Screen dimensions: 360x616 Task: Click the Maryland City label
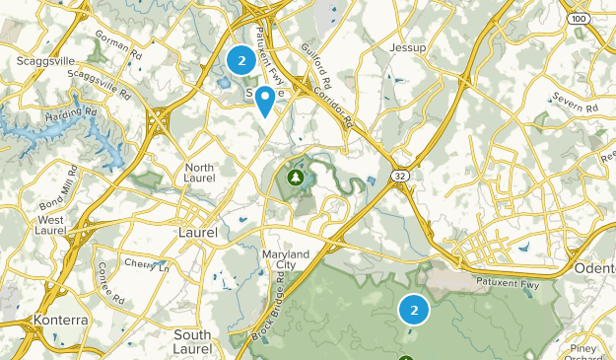286,260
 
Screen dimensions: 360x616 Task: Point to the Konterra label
60,321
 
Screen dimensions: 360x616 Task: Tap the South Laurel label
191,341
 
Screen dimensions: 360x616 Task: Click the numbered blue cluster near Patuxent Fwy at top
240,61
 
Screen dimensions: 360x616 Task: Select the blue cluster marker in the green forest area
414,310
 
